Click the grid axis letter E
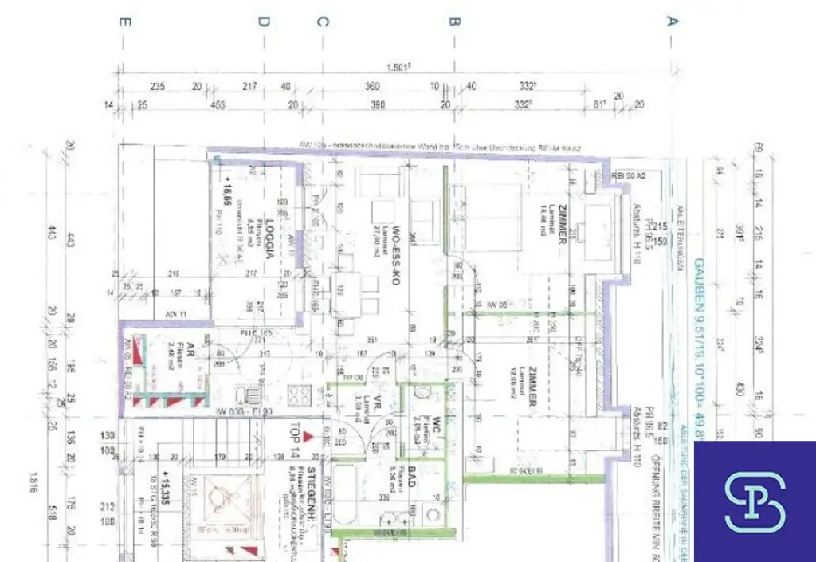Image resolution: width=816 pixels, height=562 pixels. tap(123, 22)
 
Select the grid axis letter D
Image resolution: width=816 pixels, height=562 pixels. tap(263, 22)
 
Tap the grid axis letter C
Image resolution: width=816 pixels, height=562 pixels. tap(321, 22)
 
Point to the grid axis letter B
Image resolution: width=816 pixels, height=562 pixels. tap(454, 22)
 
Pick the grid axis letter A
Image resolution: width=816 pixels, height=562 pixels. tap(672, 22)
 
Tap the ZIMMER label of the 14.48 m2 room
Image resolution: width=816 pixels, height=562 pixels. tap(562, 224)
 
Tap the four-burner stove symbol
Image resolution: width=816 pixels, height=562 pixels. tap(299, 395)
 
